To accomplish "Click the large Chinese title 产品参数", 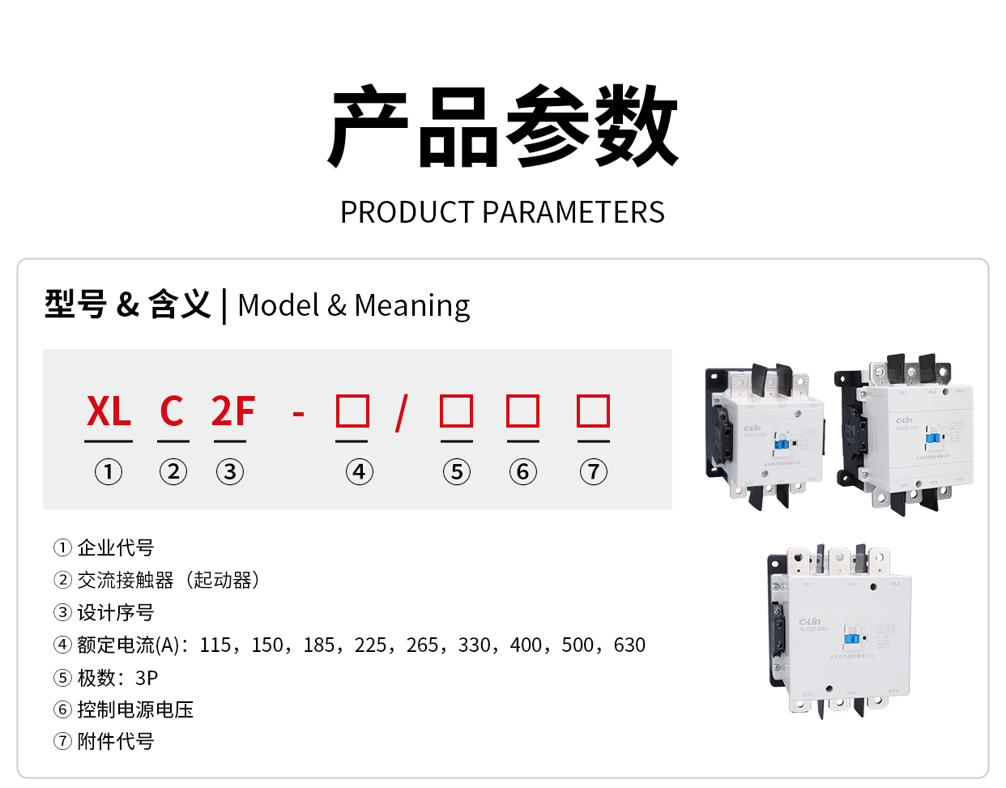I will click(x=502, y=127).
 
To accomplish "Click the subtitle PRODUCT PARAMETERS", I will click(x=502, y=212).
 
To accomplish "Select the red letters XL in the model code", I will click(x=109, y=411).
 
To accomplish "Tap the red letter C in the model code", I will click(x=172, y=411).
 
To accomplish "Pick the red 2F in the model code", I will click(x=233, y=411).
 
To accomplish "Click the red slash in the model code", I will click(x=401, y=413).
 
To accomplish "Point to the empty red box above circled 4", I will click(x=352, y=411).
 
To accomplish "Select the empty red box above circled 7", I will click(x=593, y=411).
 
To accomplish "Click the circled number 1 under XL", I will click(x=109, y=471).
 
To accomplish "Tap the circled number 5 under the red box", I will click(x=457, y=471).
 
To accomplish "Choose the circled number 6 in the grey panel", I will click(x=522, y=471).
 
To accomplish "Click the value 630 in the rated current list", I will click(x=629, y=645).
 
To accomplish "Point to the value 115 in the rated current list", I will click(x=216, y=645).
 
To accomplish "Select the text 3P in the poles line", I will click(x=147, y=678).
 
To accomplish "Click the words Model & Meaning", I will click(x=354, y=305).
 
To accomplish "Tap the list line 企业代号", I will click(x=115, y=548).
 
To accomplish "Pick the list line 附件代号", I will click(x=115, y=742).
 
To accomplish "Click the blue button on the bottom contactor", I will click(x=851, y=638).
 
